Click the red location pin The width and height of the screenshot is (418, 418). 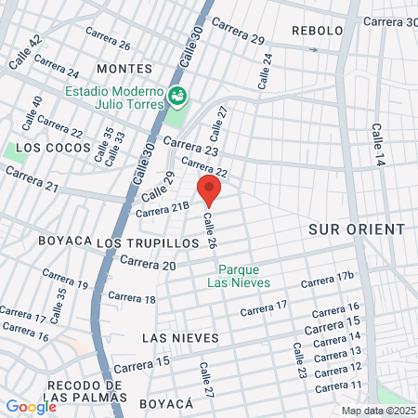pos(210,189)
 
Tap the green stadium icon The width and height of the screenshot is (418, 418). pos(176,95)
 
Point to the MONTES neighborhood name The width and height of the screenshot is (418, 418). pos(124,69)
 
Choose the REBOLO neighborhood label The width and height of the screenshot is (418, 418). pos(318,31)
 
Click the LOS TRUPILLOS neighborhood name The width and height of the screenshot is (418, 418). pos(149,242)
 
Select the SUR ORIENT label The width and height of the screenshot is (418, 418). pos(357,229)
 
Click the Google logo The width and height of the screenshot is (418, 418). pos(31,406)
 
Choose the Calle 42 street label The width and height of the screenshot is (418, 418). pos(25,54)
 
